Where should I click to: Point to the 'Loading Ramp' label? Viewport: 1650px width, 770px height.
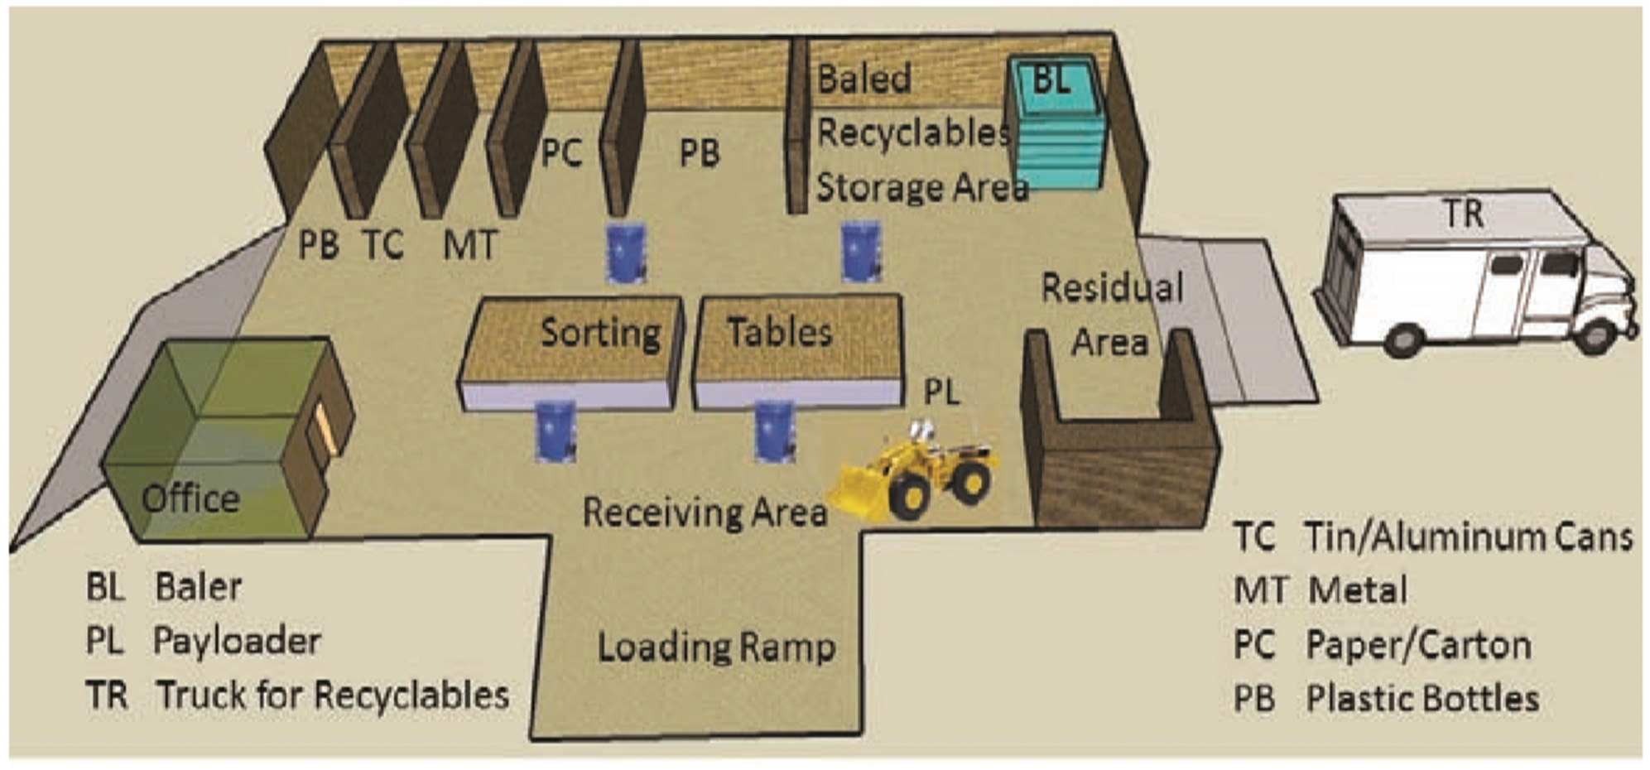[716, 647]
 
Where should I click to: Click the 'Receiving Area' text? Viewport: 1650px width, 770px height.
[705, 513]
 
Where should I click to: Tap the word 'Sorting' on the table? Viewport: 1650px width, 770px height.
[600, 333]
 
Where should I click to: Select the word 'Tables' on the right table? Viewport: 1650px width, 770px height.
[779, 333]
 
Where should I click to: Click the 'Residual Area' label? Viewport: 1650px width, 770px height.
[1111, 315]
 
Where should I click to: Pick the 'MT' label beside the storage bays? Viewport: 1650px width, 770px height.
[470, 245]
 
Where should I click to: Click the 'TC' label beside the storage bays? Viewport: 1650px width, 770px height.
[382, 245]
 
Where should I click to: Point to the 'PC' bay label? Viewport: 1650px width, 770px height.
[561, 152]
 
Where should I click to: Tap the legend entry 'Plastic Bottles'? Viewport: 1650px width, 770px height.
[1422, 699]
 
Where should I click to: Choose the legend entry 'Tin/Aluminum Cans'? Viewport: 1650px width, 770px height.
[1468, 537]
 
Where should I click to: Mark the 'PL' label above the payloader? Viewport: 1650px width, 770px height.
[942, 392]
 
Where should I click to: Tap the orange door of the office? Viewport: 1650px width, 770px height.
[321, 431]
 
